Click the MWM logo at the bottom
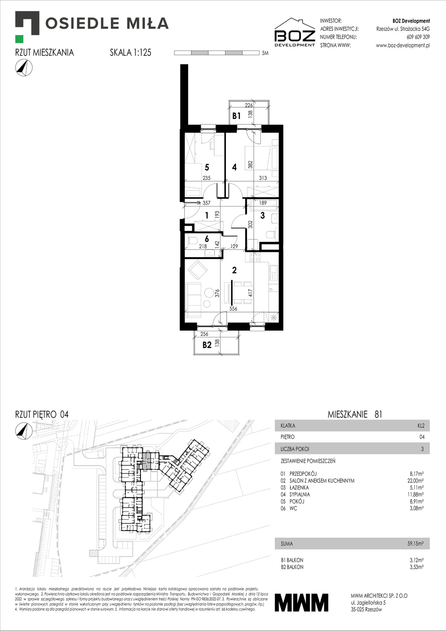pyautogui.click(x=301, y=602)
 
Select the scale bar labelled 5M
pyautogui.click(x=217, y=53)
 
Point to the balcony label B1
pyautogui.click(x=236, y=116)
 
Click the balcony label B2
pyautogui.click(x=207, y=345)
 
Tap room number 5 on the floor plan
pyautogui.click(x=207, y=167)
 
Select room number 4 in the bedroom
pyautogui.click(x=234, y=167)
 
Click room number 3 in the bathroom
pyautogui.click(x=263, y=215)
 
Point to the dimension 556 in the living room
pyautogui.click(x=233, y=308)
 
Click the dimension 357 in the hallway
pyautogui.click(x=206, y=203)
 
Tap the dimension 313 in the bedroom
pyautogui.click(x=263, y=178)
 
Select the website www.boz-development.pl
pyautogui.click(x=403, y=45)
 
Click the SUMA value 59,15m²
pyautogui.click(x=415, y=544)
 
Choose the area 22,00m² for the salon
pyautogui.click(x=415, y=480)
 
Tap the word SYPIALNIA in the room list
pyautogui.click(x=300, y=494)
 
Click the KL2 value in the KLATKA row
pyautogui.click(x=421, y=425)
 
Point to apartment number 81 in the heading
pyautogui.click(x=378, y=414)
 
